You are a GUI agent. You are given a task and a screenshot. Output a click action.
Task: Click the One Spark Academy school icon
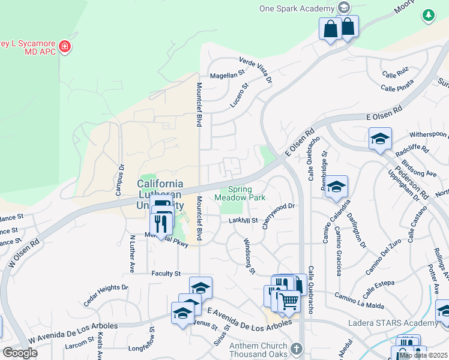[344, 8]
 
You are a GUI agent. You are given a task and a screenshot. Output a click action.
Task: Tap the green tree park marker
[428, 16]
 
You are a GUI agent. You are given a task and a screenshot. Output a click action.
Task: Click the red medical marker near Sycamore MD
[65, 47]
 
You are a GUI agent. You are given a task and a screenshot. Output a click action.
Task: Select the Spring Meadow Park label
[240, 193]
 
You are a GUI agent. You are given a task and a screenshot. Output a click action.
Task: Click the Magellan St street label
[228, 76]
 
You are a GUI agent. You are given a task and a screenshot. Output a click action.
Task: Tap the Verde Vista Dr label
[256, 70]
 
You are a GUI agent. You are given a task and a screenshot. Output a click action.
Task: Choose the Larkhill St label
[243, 221]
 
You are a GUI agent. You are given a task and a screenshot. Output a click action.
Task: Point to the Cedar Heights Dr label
[106, 293]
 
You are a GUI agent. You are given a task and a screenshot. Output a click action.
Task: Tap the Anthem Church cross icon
[295, 349]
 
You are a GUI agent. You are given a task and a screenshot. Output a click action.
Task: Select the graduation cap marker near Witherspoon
[380, 139]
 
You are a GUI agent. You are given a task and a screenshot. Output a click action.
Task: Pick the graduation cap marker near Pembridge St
[337, 185]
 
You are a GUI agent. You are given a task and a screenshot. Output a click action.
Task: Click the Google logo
[20, 353]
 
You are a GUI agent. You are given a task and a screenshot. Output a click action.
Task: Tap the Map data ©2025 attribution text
[424, 355]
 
